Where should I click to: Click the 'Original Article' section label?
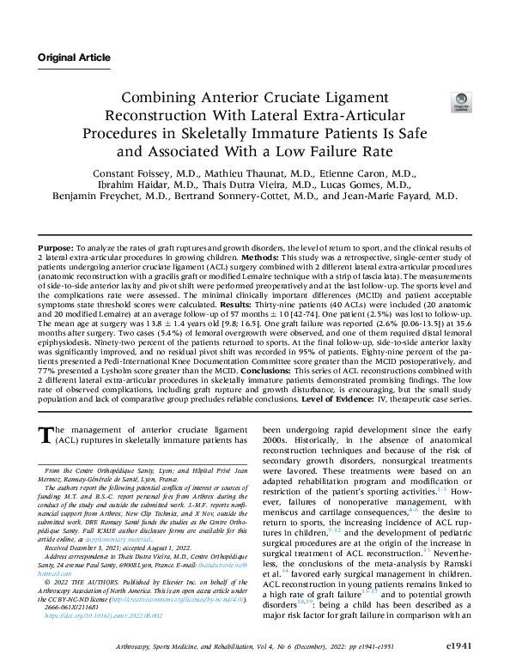[74, 58]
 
